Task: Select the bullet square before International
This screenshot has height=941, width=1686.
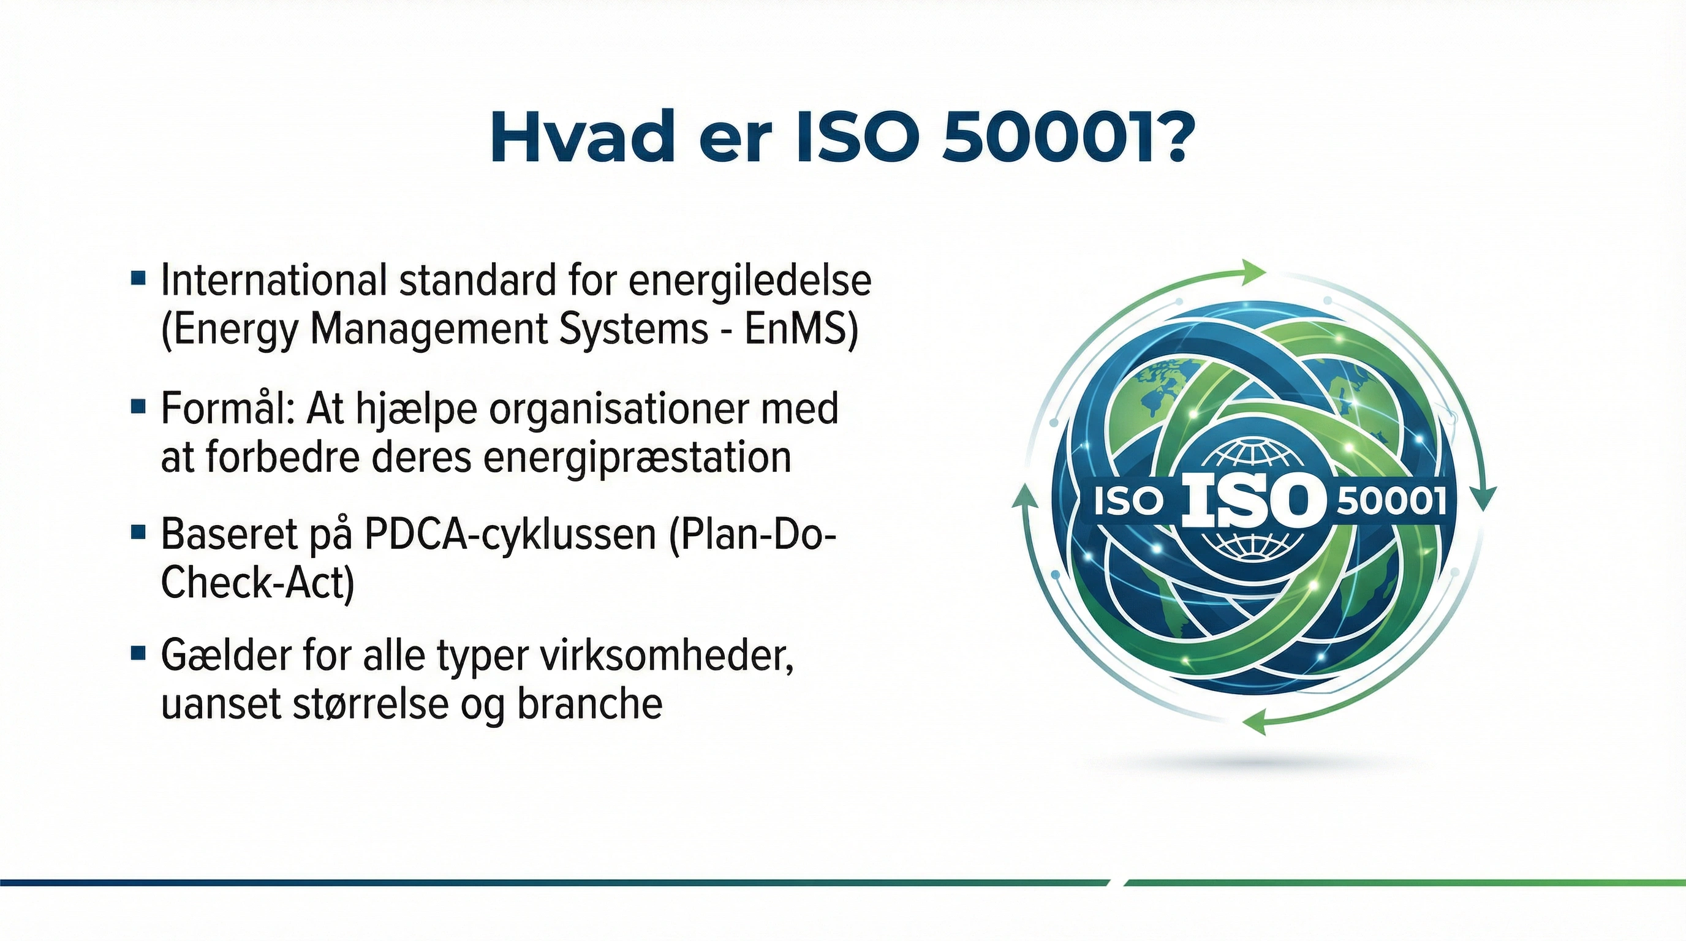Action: coord(137,278)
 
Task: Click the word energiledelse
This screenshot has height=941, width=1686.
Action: coord(750,281)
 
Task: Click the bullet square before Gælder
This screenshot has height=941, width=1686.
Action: coord(137,653)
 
